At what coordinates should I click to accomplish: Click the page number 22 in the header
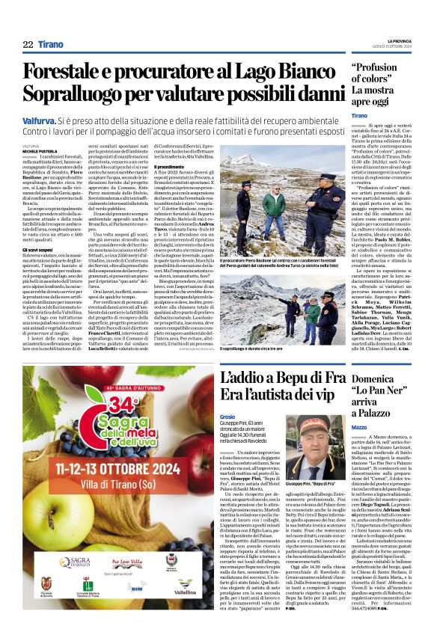28,45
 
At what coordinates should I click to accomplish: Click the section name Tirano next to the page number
51,45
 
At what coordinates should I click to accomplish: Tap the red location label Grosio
228,417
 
